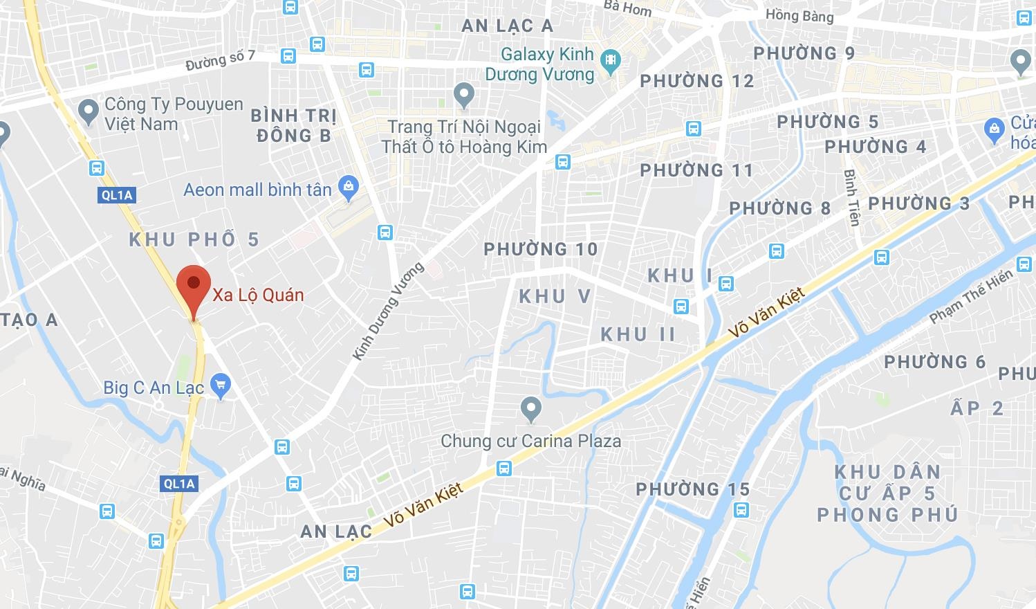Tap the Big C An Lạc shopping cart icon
tap(221, 386)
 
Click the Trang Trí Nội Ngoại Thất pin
tap(463, 94)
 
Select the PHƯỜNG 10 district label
tap(541, 249)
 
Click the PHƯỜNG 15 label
tap(693, 489)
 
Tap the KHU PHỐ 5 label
tap(194, 239)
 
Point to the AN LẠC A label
tap(507, 26)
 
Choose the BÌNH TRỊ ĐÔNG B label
tap(294, 125)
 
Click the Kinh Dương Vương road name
tap(387, 311)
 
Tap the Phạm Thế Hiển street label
tap(971, 296)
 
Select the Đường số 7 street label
tap(221, 60)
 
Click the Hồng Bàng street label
tap(799, 15)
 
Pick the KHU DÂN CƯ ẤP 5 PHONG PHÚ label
tap(887, 493)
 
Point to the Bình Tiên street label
tap(851, 197)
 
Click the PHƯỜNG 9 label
tap(804, 53)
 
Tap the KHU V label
tap(555, 296)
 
